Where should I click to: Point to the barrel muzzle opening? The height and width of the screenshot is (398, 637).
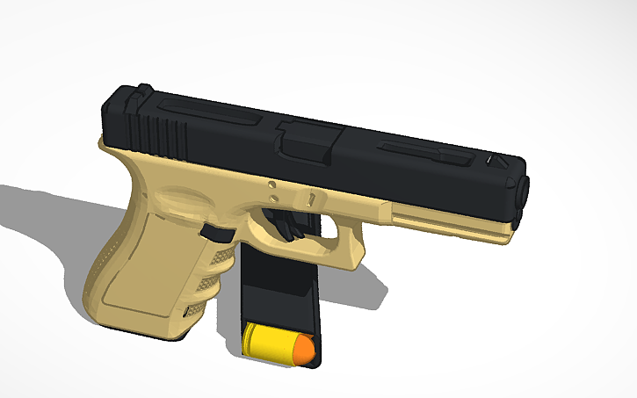tap(525, 187)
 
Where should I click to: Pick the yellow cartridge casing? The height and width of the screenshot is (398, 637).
tap(267, 341)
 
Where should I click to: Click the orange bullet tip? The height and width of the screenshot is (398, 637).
tap(303, 350)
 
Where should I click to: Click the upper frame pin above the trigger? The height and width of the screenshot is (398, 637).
tap(271, 185)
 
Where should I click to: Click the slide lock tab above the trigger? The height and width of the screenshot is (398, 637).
tap(309, 196)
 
